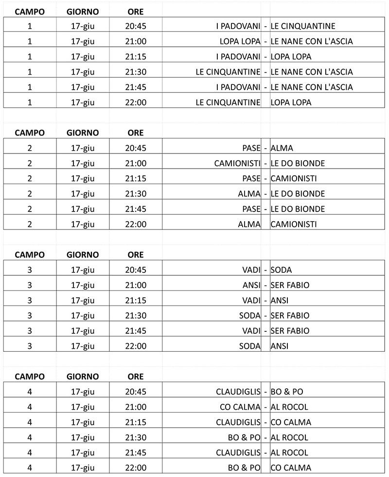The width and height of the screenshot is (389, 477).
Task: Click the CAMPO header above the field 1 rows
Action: pos(30,11)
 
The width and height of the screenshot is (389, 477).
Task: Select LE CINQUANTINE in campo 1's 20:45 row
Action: pos(302,26)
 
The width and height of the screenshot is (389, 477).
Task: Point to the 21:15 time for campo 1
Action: pos(136,57)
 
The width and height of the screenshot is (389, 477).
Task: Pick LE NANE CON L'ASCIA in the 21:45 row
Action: pos(312,87)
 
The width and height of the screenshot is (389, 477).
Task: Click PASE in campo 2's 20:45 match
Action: pos(251,148)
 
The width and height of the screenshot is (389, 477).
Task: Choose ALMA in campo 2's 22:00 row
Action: pos(249,224)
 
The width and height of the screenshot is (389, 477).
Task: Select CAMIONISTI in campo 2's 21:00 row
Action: pos(237,163)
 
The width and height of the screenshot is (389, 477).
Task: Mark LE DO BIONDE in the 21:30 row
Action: pos(298,194)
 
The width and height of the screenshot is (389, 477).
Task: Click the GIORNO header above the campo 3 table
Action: pos(83,255)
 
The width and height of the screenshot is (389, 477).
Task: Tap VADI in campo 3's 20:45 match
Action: pos(251,270)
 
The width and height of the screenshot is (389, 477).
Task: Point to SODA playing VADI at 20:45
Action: pos(282,270)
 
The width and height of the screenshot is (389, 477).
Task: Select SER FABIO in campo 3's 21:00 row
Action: pos(290,285)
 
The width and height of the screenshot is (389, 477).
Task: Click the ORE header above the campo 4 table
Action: pos(136,377)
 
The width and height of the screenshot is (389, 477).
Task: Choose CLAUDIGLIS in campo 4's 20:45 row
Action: pos(238,392)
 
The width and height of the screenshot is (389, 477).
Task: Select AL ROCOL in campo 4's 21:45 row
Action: pos(289,453)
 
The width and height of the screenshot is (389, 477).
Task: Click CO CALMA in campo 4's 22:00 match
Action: pos(291,468)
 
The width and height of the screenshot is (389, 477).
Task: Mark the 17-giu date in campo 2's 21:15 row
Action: pos(83,178)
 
